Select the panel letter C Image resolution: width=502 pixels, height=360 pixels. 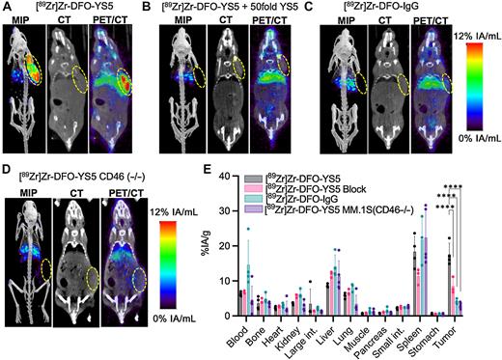[x=337, y=7]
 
